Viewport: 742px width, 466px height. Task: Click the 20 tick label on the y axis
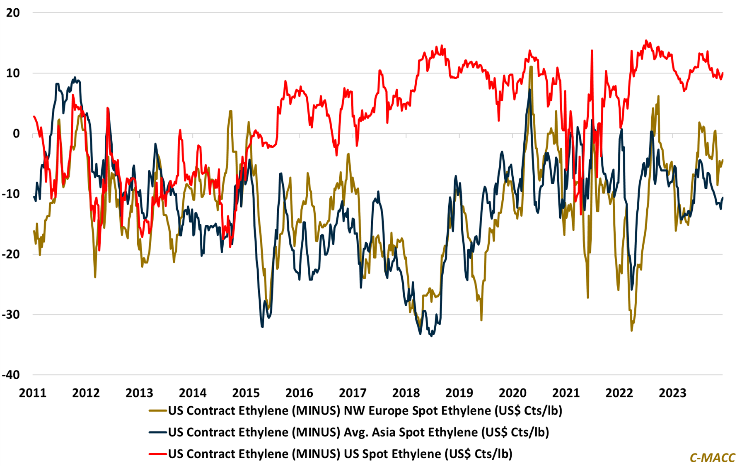(12, 13)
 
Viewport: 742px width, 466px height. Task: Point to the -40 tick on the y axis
(11, 375)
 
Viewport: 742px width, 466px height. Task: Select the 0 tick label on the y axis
(16, 134)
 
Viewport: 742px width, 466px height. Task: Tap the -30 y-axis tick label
(11, 315)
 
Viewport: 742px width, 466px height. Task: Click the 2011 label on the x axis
(33, 393)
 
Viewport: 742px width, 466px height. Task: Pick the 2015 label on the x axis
(246, 393)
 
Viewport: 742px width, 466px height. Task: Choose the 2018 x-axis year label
(406, 393)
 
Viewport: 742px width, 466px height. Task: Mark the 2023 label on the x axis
(673, 393)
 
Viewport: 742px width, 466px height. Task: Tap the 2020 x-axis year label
(512, 393)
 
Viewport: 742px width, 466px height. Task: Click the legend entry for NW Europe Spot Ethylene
(365, 411)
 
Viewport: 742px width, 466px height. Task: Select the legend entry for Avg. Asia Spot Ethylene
(358, 432)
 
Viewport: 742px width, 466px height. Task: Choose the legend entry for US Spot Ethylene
(340, 454)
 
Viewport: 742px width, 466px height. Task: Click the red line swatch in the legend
(157, 454)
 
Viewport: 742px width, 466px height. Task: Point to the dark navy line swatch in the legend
(157, 432)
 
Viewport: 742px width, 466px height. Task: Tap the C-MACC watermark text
(712, 457)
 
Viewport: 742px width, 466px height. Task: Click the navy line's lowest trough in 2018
(431, 336)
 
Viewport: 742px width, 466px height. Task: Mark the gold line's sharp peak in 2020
(531, 66)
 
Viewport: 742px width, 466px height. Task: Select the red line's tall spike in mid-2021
(592, 51)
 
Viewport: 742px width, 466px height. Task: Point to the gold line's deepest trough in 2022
(631, 331)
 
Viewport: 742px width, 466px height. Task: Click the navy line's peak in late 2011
(75, 77)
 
